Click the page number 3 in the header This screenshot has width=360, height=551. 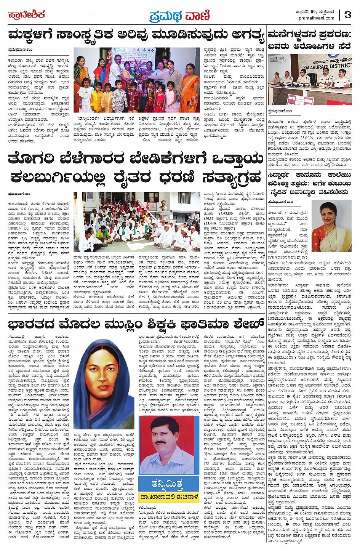(x=347, y=15)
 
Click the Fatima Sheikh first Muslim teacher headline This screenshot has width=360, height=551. (x=136, y=325)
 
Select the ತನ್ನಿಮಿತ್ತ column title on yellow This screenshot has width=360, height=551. (x=168, y=484)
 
